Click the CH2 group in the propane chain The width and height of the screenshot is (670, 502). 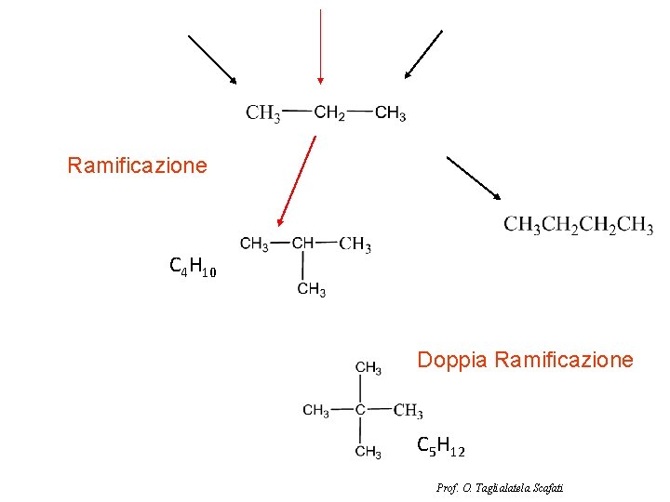tap(329, 113)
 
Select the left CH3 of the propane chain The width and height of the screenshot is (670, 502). tap(263, 114)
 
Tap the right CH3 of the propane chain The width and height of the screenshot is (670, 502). tap(391, 113)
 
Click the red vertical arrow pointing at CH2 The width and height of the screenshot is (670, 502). tap(319, 46)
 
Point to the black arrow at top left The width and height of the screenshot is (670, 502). tap(212, 59)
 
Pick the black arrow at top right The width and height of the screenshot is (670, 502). tap(423, 54)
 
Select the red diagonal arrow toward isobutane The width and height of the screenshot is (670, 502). tap(297, 181)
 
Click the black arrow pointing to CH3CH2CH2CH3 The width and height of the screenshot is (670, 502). tap(474, 178)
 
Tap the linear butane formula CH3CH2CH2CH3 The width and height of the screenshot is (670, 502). tap(578, 226)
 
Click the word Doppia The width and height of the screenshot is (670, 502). tap(451, 360)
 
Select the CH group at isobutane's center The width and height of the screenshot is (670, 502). tap(303, 244)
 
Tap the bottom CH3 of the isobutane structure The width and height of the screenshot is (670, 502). tap(311, 290)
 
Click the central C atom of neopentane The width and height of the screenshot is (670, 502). tap(359, 410)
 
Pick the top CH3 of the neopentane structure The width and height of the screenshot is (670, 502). tap(368, 368)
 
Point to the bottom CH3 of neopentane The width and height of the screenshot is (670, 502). tap(368, 452)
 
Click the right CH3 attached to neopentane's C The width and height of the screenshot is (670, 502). tap(409, 411)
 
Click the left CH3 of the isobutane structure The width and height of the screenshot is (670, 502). tap(254, 244)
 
